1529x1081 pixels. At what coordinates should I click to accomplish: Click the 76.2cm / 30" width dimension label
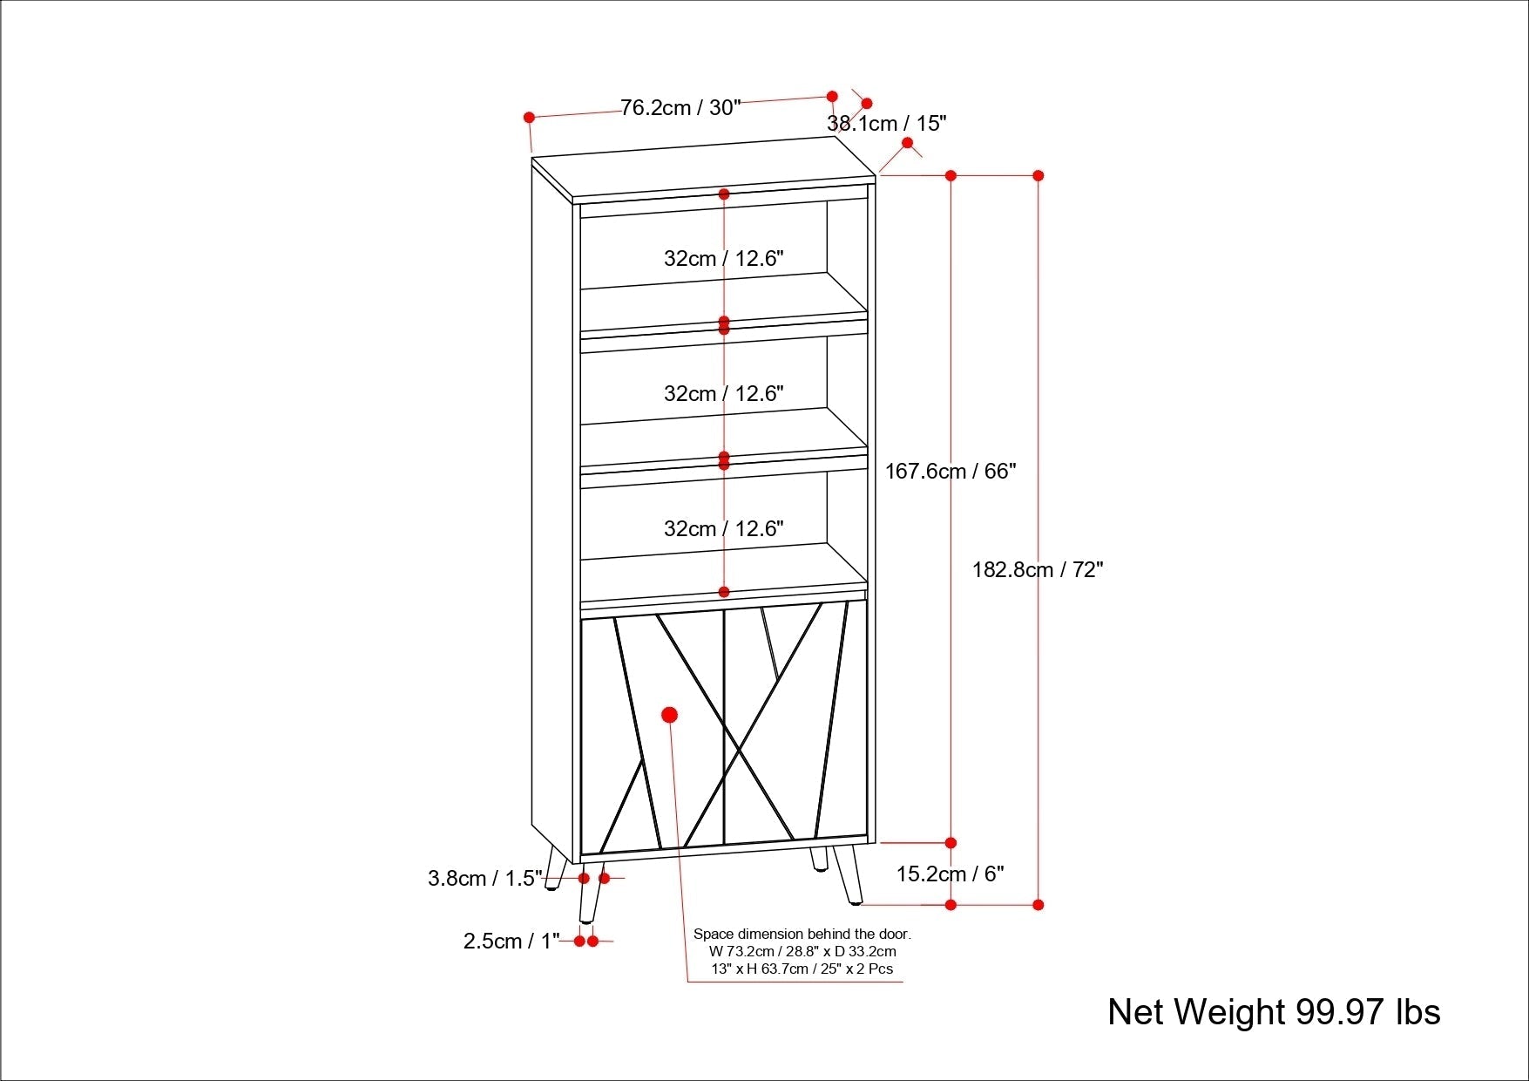[680, 108]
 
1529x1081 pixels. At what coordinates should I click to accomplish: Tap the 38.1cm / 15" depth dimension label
[886, 124]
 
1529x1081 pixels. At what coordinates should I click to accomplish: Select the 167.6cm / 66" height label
[951, 472]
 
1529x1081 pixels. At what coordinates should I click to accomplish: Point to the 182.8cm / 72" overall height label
[1038, 570]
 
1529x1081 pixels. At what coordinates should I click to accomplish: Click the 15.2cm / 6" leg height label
[951, 874]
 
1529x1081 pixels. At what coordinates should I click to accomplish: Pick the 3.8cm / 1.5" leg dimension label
[484, 879]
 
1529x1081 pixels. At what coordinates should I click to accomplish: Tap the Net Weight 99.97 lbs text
[1274, 1012]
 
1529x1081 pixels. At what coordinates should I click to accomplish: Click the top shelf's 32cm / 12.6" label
[724, 259]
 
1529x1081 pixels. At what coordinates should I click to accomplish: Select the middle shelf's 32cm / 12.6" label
[724, 394]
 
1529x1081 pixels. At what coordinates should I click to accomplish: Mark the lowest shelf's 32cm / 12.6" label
[724, 529]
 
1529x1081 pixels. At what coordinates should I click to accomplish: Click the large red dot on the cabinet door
[669, 715]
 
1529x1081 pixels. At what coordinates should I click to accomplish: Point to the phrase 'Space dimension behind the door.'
[802, 935]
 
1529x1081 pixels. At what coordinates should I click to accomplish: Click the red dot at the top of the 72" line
[1038, 175]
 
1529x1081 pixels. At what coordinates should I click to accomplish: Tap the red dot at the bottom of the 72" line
[1038, 905]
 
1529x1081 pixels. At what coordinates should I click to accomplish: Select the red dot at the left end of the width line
[529, 117]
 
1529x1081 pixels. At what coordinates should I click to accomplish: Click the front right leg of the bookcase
[849, 874]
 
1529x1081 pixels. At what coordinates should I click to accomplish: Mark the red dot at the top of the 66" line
[951, 175]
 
